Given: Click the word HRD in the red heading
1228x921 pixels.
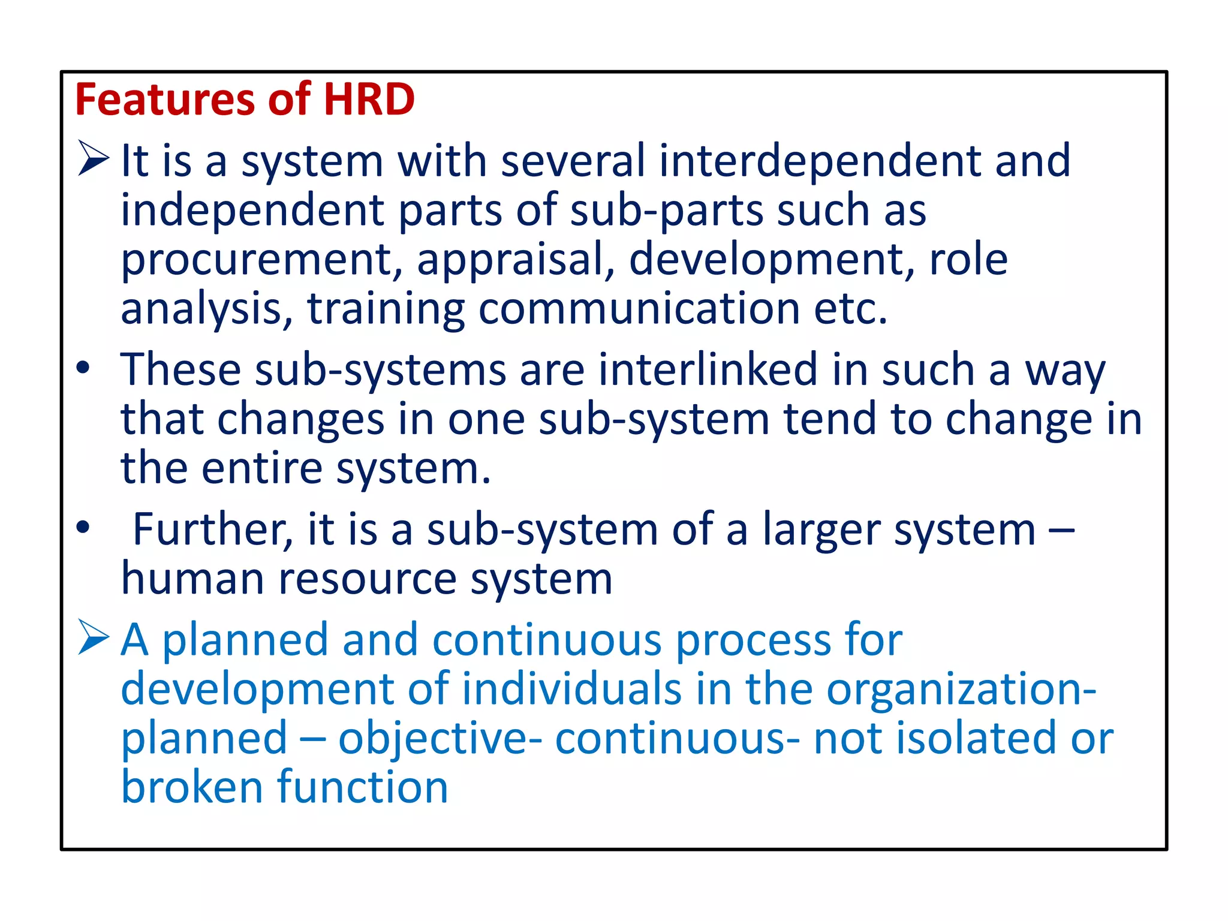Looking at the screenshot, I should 369,100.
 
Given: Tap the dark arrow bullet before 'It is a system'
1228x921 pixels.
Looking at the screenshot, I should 94,158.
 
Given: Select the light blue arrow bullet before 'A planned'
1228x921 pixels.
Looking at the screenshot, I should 94,637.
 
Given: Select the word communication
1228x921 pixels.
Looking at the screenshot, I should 639,309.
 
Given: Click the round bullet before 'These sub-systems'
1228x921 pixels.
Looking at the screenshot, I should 83,368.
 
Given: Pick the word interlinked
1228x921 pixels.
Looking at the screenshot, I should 708,370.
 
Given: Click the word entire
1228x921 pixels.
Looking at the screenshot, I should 261,468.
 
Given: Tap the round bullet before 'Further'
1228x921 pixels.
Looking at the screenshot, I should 83,527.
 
